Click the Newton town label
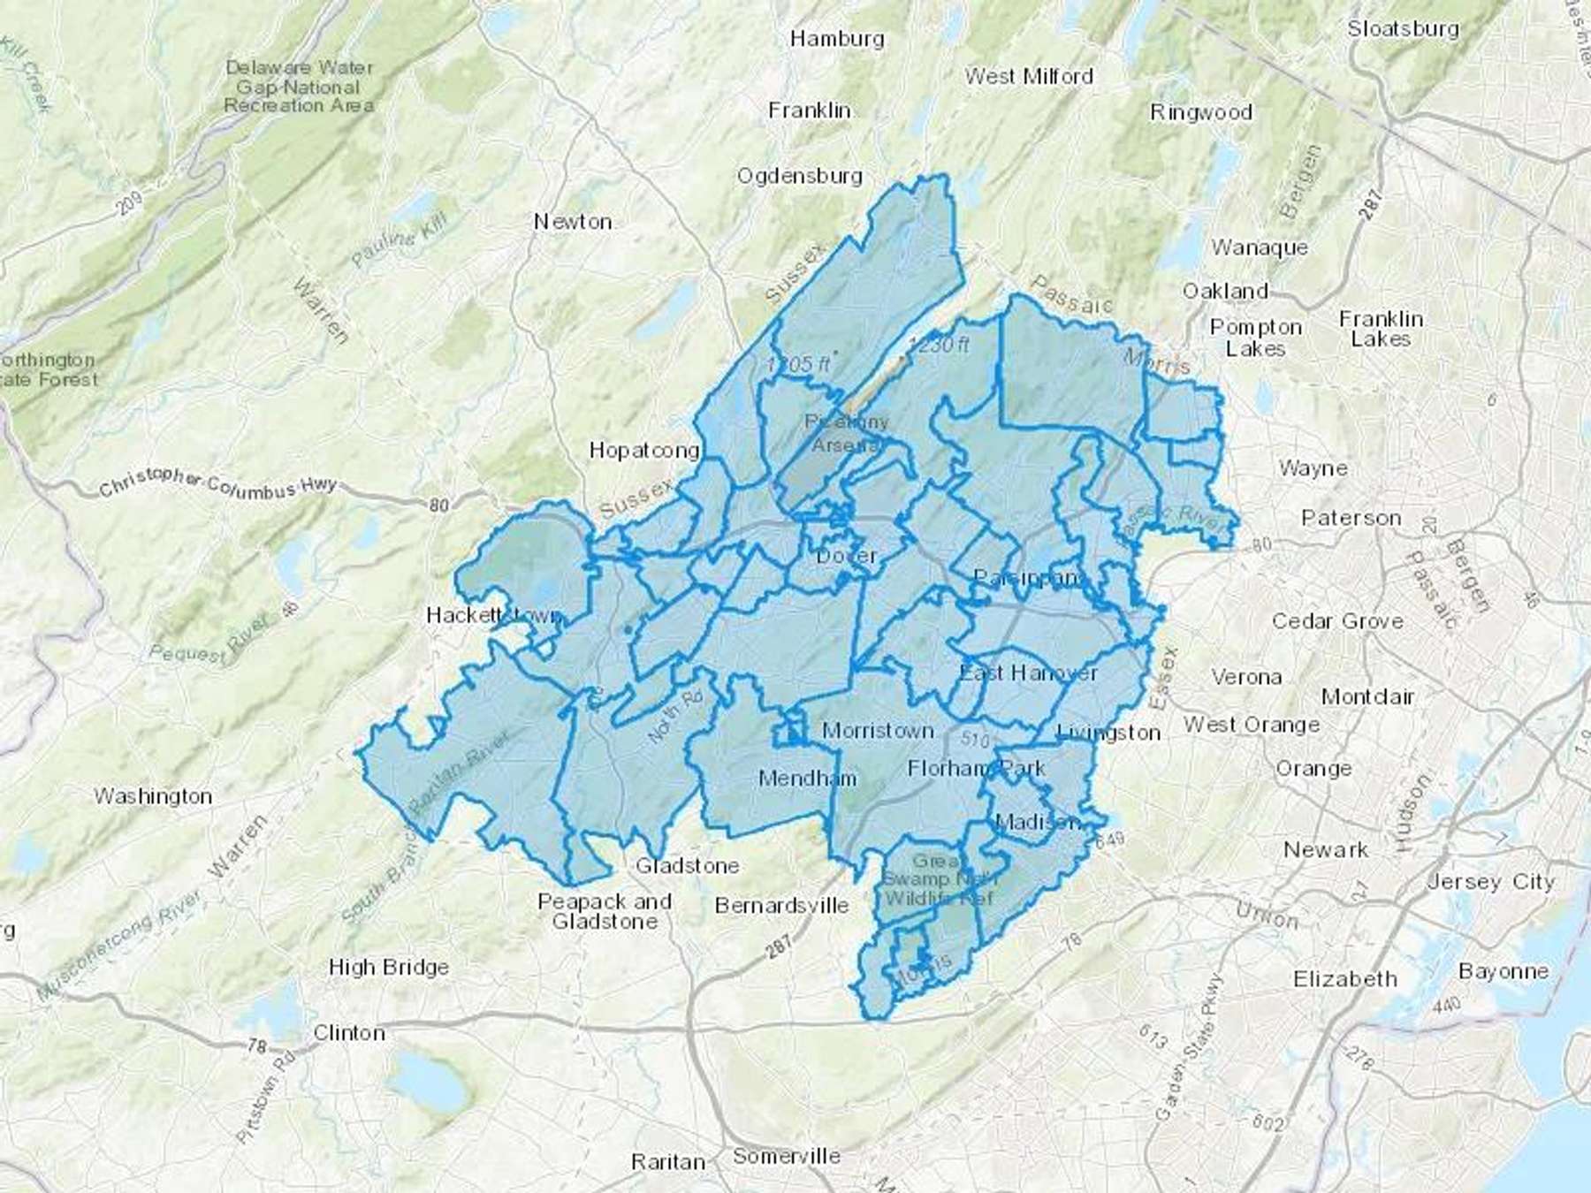(573, 222)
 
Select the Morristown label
(877, 731)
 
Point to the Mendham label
(807, 779)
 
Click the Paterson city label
(1351, 518)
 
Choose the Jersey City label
(1490, 881)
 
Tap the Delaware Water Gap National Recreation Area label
(299, 87)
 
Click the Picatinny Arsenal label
(846, 434)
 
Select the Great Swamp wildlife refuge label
(939, 879)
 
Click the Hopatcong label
(644, 451)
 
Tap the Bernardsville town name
(781, 906)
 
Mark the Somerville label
(787, 1156)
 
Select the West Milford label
(1029, 77)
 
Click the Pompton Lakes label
(1255, 338)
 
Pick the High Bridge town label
(388, 968)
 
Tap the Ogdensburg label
(800, 176)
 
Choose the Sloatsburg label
(1403, 28)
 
